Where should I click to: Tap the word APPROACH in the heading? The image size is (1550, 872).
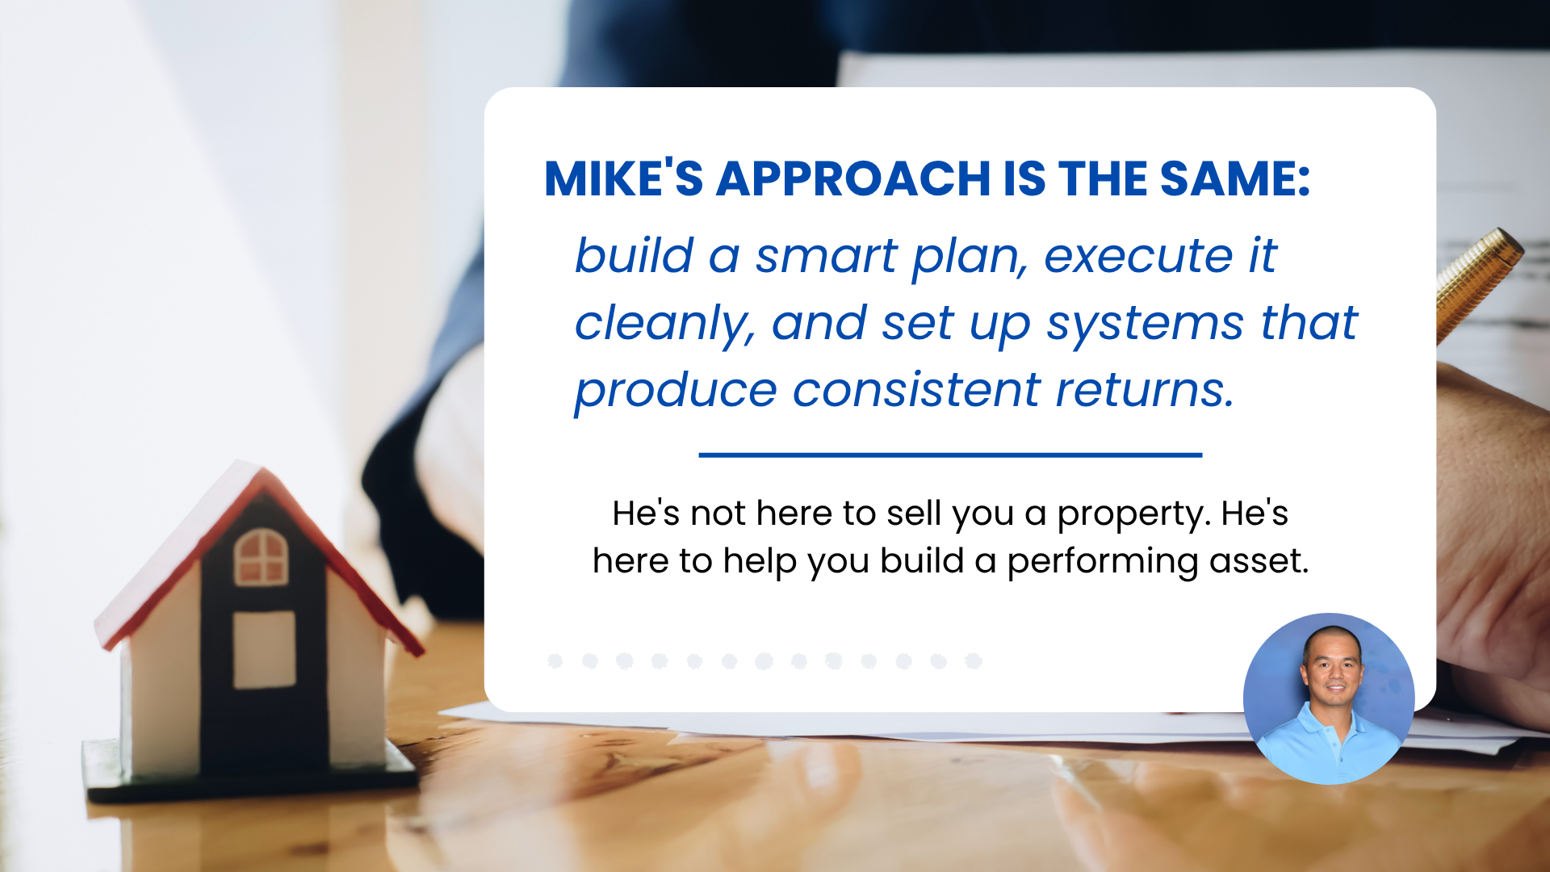[x=853, y=178]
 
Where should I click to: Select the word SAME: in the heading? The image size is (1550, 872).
[x=1235, y=178]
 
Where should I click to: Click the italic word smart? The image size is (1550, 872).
[x=825, y=257]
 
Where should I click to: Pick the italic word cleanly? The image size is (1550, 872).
[x=664, y=325]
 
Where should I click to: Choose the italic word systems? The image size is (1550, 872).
[x=1146, y=325]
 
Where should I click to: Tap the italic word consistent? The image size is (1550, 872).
[x=916, y=391]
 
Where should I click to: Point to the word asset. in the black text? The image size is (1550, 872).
[x=1259, y=561]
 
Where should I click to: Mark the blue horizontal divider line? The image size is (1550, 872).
[x=950, y=455]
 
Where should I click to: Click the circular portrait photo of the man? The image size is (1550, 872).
[x=1329, y=698]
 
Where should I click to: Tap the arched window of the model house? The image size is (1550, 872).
[x=261, y=556]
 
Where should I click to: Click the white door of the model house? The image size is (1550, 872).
[x=264, y=649]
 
